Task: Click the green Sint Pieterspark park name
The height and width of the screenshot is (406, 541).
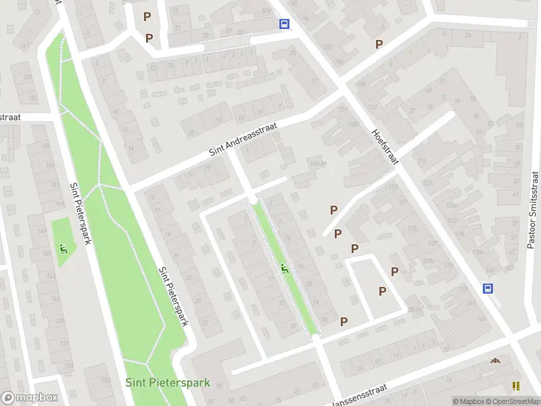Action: point(168,383)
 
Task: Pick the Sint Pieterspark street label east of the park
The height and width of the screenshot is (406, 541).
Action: point(172,297)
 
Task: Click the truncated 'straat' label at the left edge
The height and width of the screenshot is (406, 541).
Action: point(10,117)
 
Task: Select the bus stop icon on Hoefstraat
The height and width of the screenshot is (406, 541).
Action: point(488,288)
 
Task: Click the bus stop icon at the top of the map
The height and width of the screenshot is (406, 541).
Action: point(285,24)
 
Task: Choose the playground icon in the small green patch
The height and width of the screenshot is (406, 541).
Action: point(64,249)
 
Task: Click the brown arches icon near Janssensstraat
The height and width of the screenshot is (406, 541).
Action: point(496,361)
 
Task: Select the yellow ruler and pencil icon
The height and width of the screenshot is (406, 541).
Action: point(517,386)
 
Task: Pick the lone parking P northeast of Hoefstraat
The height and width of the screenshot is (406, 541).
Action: point(379,44)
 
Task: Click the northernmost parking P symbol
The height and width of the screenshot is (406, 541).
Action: point(147,16)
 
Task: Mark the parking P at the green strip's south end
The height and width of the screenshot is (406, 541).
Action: point(344,321)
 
